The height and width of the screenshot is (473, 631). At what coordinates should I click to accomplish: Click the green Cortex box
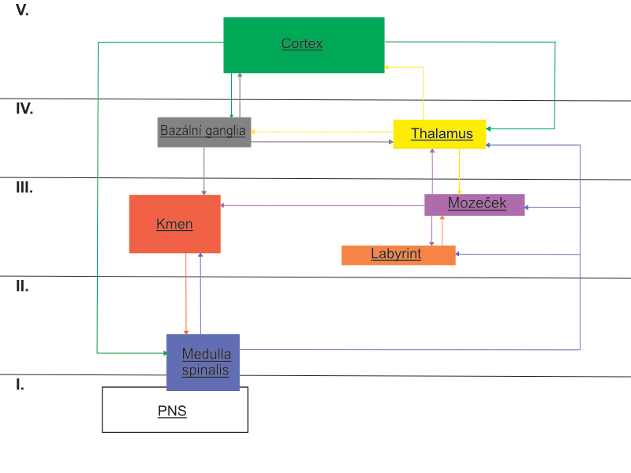click(304, 45)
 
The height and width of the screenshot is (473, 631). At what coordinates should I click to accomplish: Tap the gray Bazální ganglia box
click(203, 132)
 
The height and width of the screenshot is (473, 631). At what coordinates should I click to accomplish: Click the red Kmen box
click(174, 225)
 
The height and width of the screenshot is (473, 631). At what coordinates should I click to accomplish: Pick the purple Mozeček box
click(474, 204)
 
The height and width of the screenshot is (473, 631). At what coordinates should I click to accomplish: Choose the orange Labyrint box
click(398, 255)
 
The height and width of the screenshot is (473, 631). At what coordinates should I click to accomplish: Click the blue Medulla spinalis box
click(203, 363)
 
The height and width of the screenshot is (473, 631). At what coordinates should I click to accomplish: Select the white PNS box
click(174, 410)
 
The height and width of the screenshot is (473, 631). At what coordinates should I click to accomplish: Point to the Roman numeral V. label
click(22, 12)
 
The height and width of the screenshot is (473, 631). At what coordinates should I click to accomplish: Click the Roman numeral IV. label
click(24, 109)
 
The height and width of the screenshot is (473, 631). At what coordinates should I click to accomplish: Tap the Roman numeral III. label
click(24, 188)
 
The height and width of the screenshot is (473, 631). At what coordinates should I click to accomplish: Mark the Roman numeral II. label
click(22, 286)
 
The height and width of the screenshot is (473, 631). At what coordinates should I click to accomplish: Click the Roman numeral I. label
click(20, 385)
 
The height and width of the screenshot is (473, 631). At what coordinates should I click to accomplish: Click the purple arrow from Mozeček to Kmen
click(323, 206)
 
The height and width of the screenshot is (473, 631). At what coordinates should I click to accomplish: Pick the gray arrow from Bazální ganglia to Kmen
click(204, 171)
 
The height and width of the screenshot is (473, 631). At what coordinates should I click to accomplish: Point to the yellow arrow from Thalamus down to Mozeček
click(460, 171)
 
